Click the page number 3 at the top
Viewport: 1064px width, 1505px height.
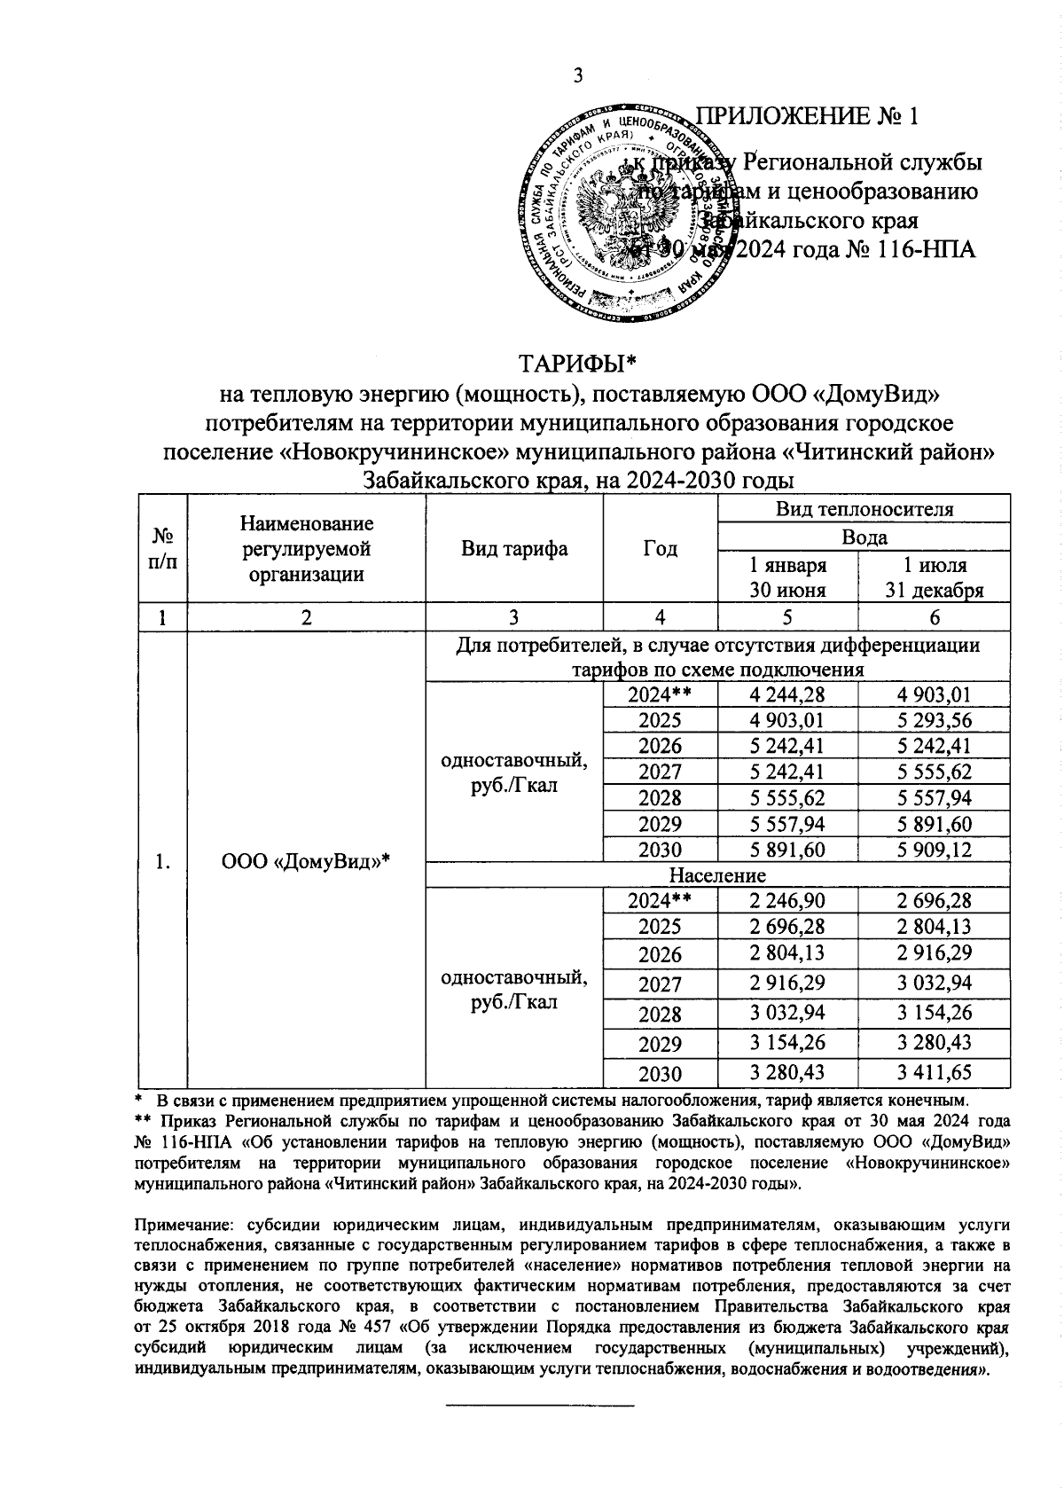click(577, 76)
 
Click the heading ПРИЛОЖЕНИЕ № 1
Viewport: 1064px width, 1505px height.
click(806, 117)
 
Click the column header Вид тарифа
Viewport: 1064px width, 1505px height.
click(514, 549)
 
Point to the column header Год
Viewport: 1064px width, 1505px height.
click(660, 549)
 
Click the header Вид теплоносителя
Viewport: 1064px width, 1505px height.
click(864, 509)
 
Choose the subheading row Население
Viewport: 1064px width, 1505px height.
click(717, 875)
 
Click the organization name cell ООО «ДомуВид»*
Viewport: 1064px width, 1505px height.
click(306, 861)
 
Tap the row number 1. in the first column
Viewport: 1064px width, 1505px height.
click(162, 861)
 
